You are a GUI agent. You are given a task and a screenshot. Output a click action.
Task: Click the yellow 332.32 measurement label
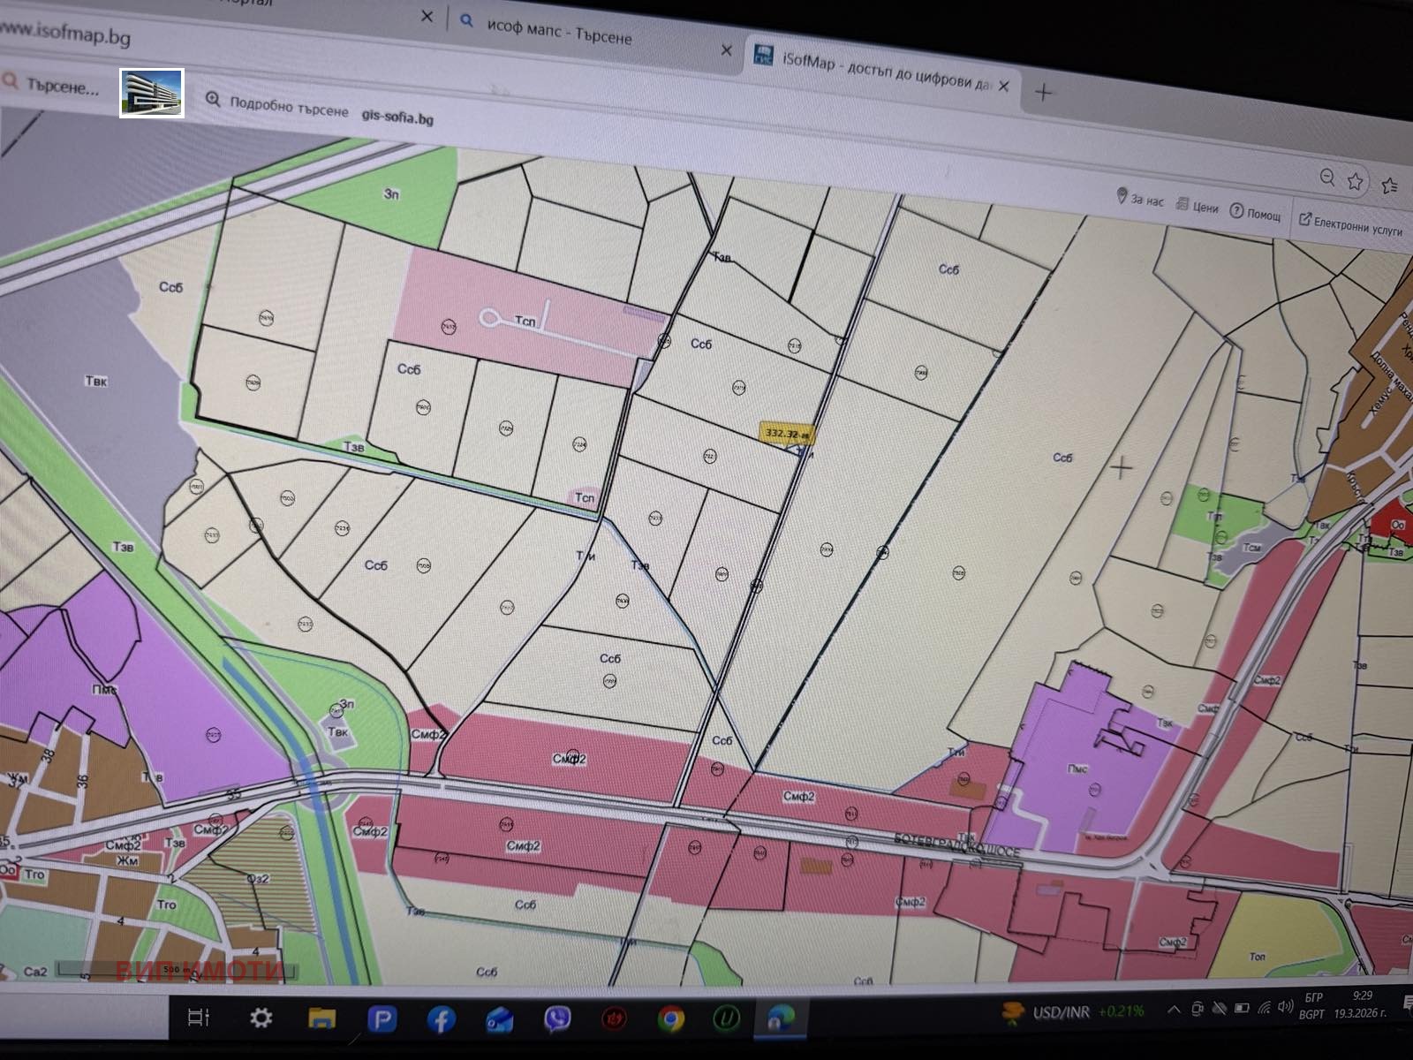click(784, 434)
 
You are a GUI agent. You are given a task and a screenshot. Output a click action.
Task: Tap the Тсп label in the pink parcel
click(525, 322)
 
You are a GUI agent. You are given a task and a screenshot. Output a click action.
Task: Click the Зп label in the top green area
click(391, 193)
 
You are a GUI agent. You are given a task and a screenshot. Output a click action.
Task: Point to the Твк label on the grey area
click(96, 382)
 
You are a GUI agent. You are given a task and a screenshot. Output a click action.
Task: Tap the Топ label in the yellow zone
click(1257, 957)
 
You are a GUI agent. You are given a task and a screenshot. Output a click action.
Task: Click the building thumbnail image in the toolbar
click(152, 93)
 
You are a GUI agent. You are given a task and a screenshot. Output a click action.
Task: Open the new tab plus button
click(1043, 92)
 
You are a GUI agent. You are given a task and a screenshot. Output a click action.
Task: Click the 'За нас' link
click(1141, 199)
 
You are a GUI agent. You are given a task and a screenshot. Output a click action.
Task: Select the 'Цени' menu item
click(1198, 207)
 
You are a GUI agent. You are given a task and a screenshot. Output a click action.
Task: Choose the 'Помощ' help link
click(1256, 213)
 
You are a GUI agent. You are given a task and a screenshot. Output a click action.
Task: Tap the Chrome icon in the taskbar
click(670, 1019)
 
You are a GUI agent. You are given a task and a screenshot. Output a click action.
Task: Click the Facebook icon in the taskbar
click(441, 1019)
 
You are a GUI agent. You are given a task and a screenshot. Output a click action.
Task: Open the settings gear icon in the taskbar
click(261, 1018)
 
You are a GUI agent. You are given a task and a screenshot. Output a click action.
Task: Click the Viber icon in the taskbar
click(556, 1019)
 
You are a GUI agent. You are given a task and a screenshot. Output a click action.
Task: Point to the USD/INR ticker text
click(1060, 1012)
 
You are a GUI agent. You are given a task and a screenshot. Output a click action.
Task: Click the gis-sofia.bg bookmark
click(397, 116)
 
